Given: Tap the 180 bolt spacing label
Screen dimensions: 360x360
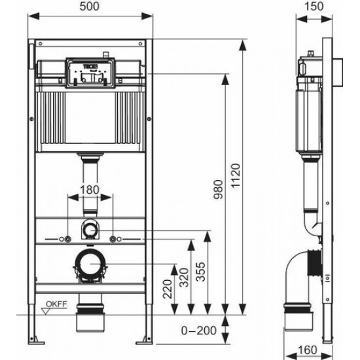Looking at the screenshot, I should coord(91,190).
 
